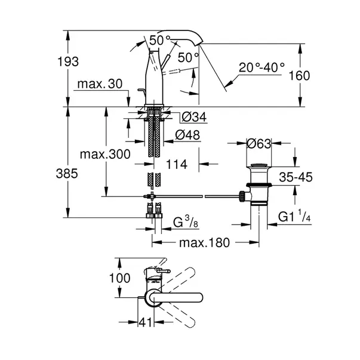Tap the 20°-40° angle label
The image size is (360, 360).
[x=263, y=68]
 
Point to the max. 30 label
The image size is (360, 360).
[x=99, y=85]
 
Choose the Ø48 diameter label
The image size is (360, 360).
[x=188, y=136]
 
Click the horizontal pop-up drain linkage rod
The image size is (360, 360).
[x=197, y=195]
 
